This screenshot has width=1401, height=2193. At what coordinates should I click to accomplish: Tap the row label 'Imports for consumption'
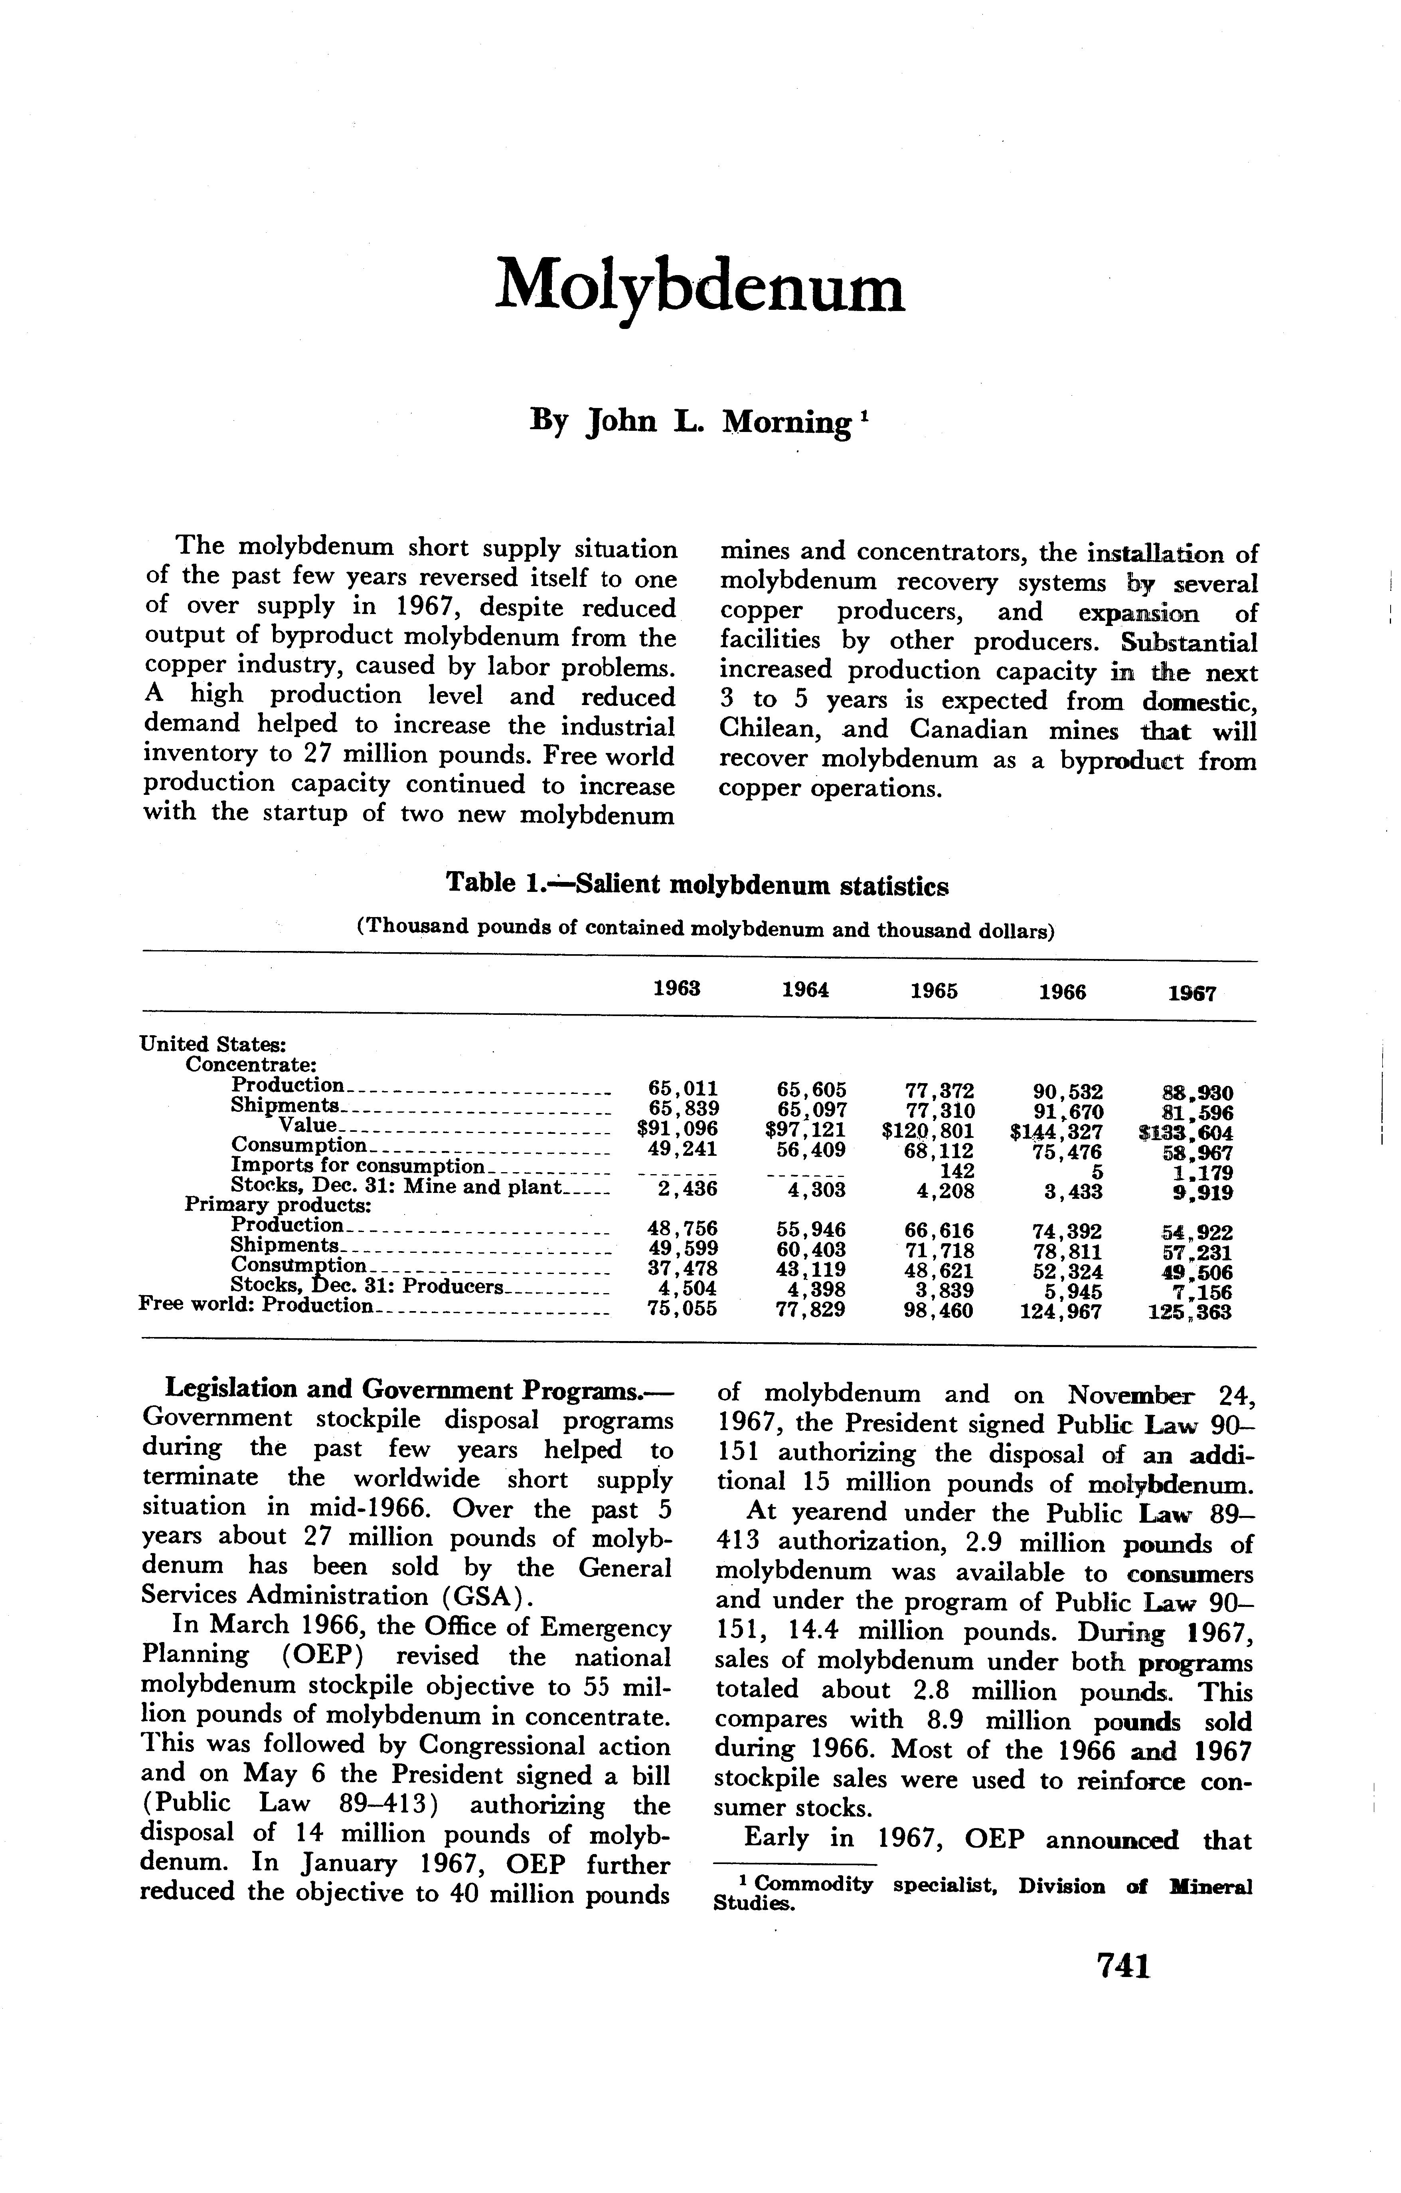[x=360, y=1167]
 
